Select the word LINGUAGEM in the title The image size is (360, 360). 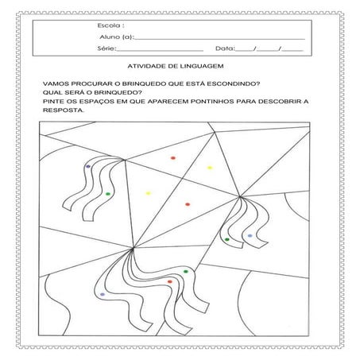click(203, 68)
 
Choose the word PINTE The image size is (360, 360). click(53, 103)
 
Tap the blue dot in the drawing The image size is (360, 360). click(250, 235)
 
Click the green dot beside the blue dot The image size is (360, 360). click(227, 239)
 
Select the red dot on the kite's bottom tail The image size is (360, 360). click(170, 281)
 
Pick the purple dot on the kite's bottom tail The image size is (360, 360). click(102, 295)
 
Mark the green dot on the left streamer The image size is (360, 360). click(107, 193)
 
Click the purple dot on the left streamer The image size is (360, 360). click(87, 166)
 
